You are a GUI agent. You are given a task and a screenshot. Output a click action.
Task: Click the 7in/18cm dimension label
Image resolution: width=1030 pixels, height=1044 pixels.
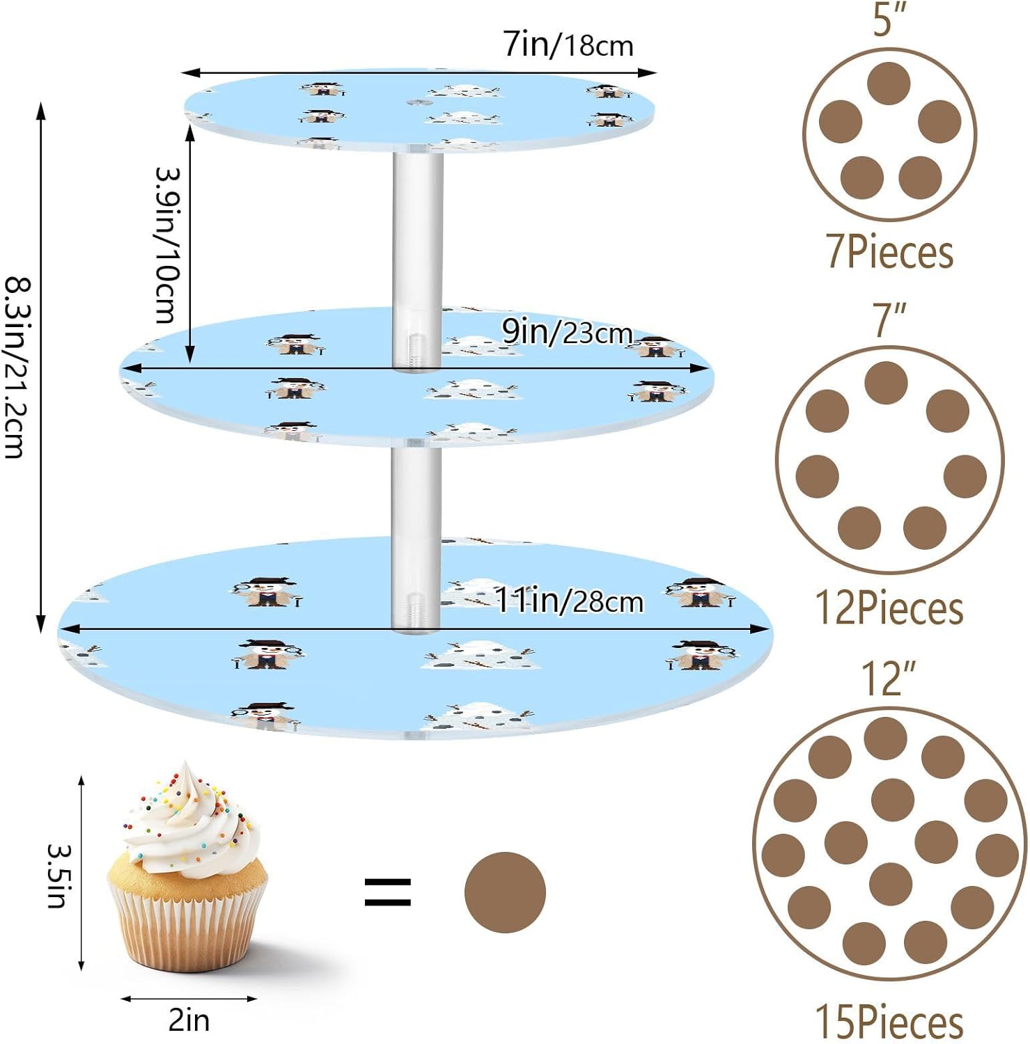pos(568,45)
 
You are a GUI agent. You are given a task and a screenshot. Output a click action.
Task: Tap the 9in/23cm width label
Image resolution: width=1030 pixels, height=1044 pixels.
pos(567,333)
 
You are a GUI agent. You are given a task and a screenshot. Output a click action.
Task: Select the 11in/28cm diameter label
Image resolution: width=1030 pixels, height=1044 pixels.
pos(569,600)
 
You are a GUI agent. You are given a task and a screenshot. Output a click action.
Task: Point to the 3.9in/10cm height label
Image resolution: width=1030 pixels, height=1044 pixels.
pos(167,245)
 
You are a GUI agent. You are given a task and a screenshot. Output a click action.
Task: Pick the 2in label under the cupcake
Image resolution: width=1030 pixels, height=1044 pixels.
pos(189,1020)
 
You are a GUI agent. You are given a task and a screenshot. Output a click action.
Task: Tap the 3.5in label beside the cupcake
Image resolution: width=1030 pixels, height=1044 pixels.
pos(58,876)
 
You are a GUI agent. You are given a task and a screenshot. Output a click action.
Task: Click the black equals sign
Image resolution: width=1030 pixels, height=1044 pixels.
pos(388,892)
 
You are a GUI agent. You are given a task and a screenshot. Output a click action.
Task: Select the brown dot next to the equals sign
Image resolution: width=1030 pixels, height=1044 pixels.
pos(505,892)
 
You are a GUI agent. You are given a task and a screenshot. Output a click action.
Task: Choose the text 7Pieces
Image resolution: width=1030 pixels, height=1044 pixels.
pos(889,251)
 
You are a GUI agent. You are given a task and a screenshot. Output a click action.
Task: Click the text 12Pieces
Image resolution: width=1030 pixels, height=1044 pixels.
pos(889,608)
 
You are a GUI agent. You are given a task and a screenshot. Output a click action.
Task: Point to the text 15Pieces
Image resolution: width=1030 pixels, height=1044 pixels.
pos(889,1022)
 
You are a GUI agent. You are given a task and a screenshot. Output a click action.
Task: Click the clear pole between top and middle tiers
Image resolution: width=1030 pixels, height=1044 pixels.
pos(418,230)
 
